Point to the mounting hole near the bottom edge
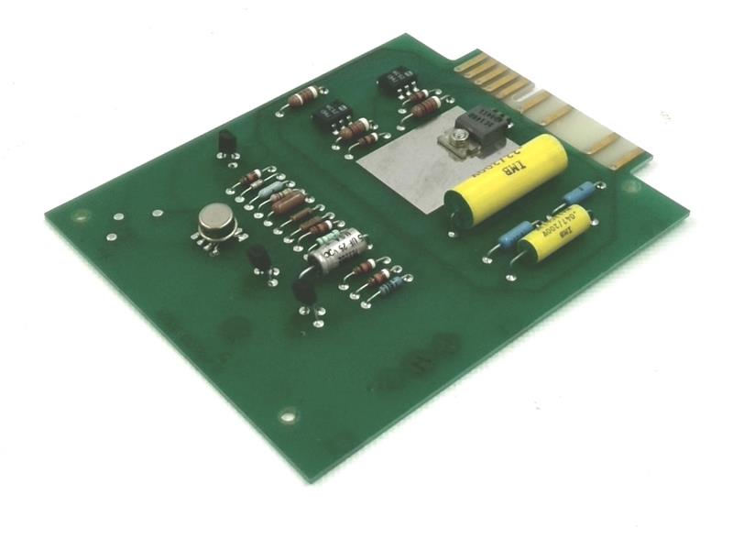289,415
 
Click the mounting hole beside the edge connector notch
630,186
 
